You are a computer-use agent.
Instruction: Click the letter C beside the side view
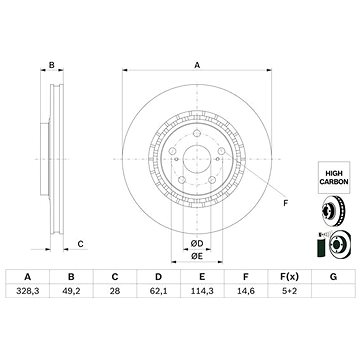tap(79, 243)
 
